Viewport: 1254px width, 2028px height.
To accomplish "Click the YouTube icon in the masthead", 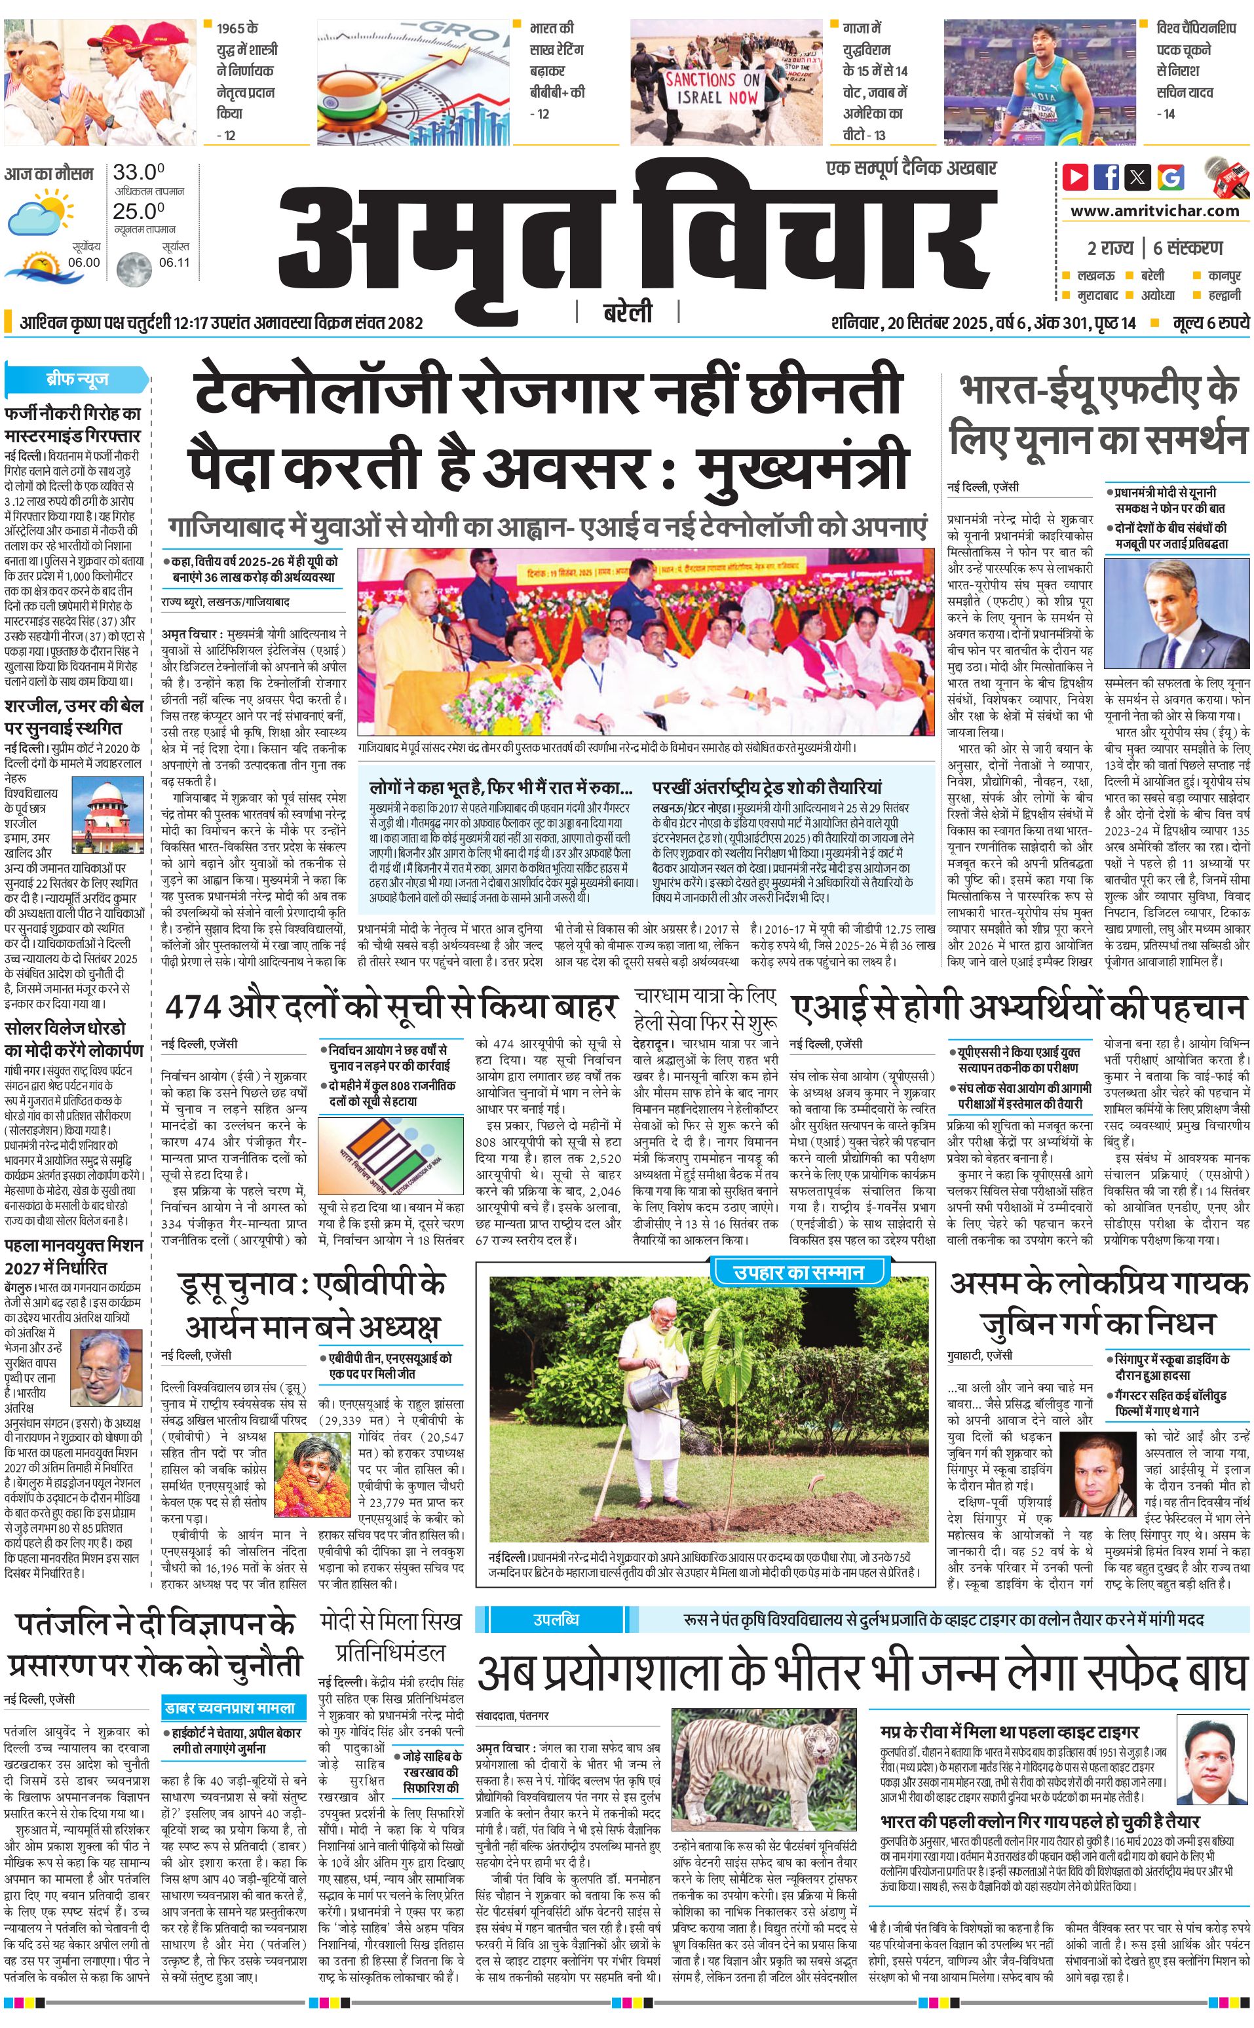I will click(x=1076, y=177).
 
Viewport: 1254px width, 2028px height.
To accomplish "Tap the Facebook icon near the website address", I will click(x=1107, y=177).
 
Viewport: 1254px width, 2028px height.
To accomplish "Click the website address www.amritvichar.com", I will click(x=1154, y=211).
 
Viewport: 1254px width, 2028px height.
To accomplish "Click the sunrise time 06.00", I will click(x=84, y=262).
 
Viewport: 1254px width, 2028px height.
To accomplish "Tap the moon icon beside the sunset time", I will click(x=133, y=269).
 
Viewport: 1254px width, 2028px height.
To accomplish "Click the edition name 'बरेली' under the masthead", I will click(x=628, y=313).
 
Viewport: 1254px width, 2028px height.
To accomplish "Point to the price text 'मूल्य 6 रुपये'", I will click(x=1210, y=322).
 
